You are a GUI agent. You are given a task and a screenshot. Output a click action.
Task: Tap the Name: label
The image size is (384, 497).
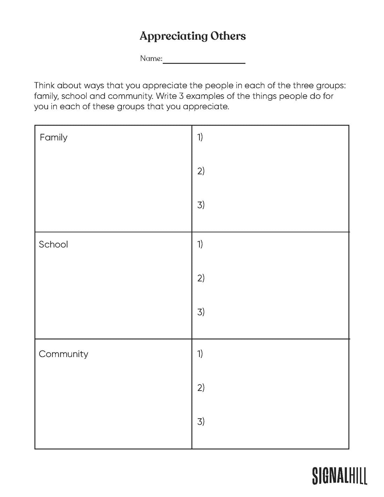point(151,59)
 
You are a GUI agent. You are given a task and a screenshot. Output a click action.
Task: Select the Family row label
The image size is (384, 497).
point(53,138)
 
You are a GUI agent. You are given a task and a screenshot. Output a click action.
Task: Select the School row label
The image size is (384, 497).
point(53,244)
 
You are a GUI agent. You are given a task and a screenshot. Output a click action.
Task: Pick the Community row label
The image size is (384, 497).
point(64,354)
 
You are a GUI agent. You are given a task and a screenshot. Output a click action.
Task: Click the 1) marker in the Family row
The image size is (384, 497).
point(200,137)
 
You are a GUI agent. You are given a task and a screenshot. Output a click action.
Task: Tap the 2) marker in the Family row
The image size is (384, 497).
point(201,171)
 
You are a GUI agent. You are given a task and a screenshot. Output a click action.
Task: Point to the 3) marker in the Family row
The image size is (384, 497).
point(201,205)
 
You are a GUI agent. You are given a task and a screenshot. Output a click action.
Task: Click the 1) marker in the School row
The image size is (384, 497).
point(200,244)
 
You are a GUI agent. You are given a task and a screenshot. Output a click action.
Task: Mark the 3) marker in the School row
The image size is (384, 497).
point(201,312)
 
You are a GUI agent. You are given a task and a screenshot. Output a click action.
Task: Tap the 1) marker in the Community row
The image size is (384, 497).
point(200,354)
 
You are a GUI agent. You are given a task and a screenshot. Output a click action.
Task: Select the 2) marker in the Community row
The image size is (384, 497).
point(201,387)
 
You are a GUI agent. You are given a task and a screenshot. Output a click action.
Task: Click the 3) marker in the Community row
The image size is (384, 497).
point(201,421)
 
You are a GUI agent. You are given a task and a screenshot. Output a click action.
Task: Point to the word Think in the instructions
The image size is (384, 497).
point(44,86)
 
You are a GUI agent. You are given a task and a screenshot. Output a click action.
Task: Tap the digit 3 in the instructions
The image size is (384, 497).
point(182,96)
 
